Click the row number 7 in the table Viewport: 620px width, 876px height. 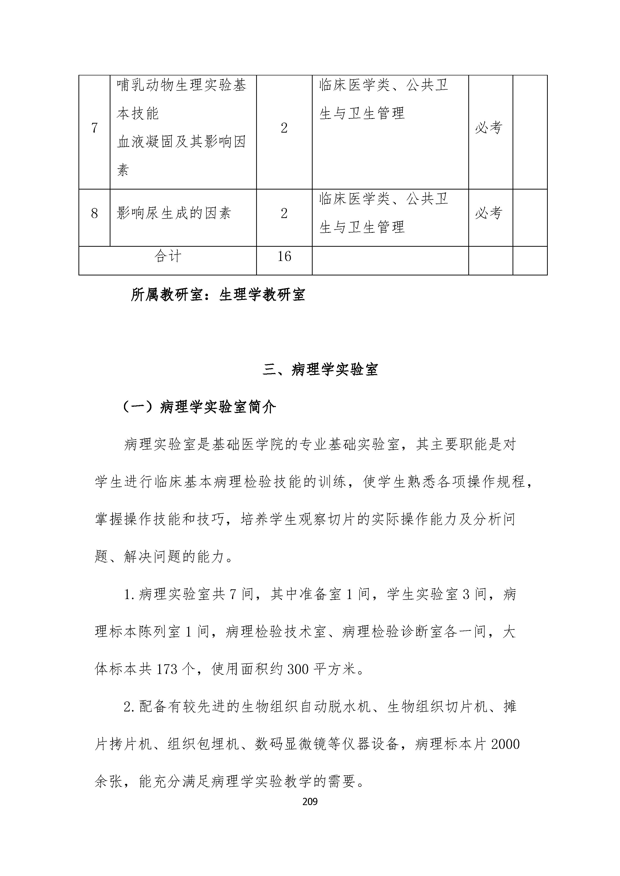point(94,128)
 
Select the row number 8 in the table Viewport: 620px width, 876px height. point(94,213)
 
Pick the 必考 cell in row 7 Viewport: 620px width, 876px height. point(488,128)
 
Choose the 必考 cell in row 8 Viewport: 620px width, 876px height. point(488,213)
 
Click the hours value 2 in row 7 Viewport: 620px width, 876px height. point(284,128)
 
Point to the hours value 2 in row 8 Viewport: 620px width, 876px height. point(284,213)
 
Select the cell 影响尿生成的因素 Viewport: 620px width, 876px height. point(174,213)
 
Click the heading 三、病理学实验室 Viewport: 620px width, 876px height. point(320,369)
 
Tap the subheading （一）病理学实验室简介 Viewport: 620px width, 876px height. point(198,408)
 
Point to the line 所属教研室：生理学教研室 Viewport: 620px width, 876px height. point(218,295)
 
